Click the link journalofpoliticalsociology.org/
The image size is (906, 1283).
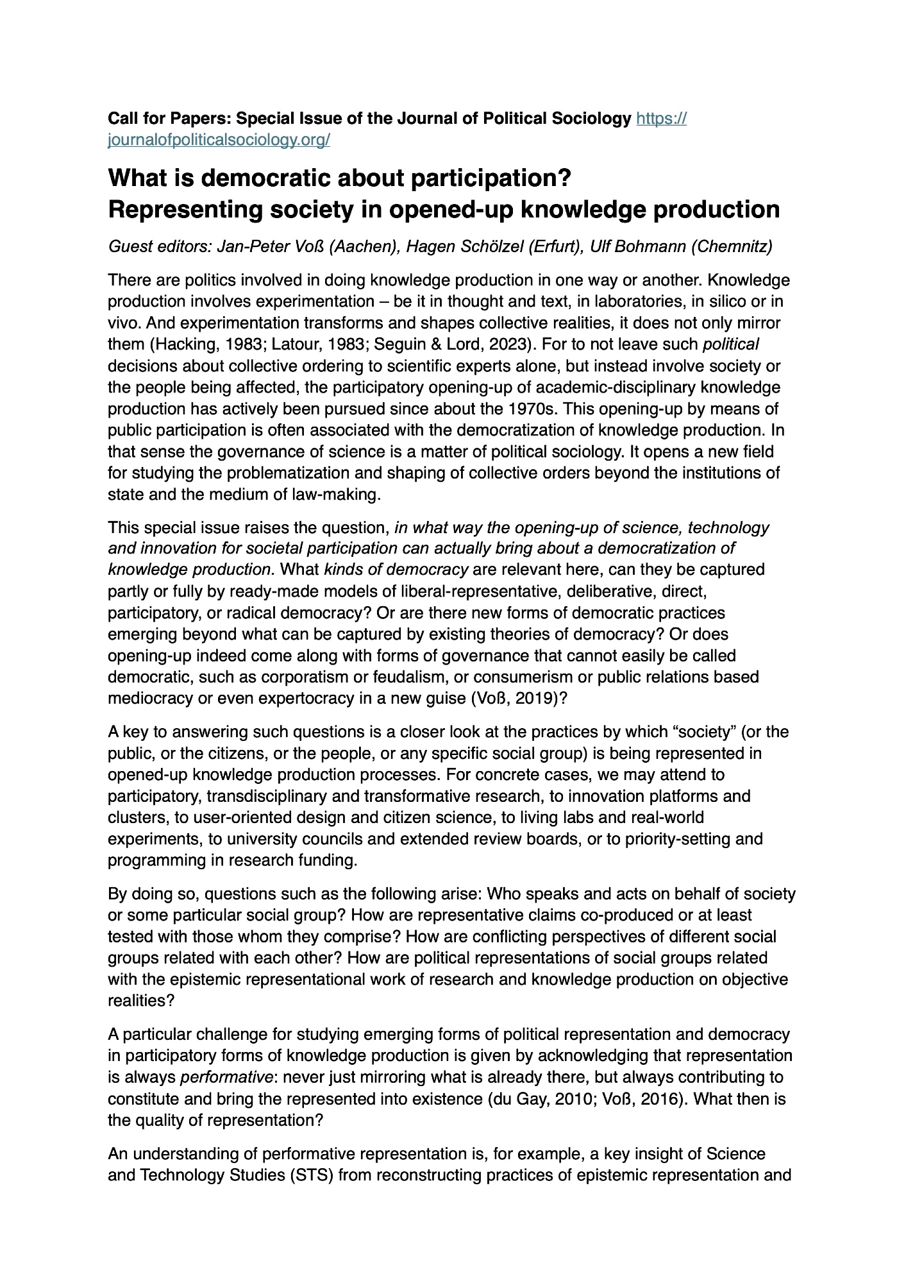[219, 140]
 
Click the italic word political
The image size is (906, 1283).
[731, 344]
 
